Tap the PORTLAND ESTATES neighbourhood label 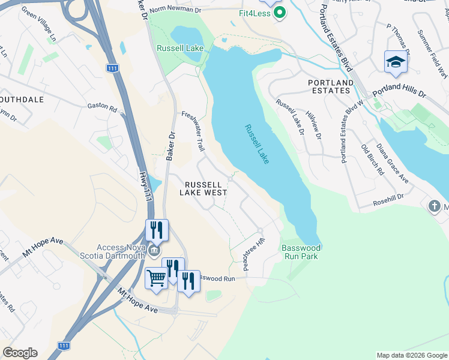pos(330,86)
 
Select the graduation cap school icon pos(396,62)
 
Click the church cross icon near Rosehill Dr pos(435,206)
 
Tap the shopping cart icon pos(156,278)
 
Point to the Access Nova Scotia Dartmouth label pos(129,251)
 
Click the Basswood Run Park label pos(301,252)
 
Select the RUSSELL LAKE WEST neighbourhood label pos(206,188)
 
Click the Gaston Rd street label pos(102,106)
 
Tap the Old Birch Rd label pos(372,160)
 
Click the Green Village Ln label pos(38,25)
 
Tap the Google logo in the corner pos(20,353)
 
